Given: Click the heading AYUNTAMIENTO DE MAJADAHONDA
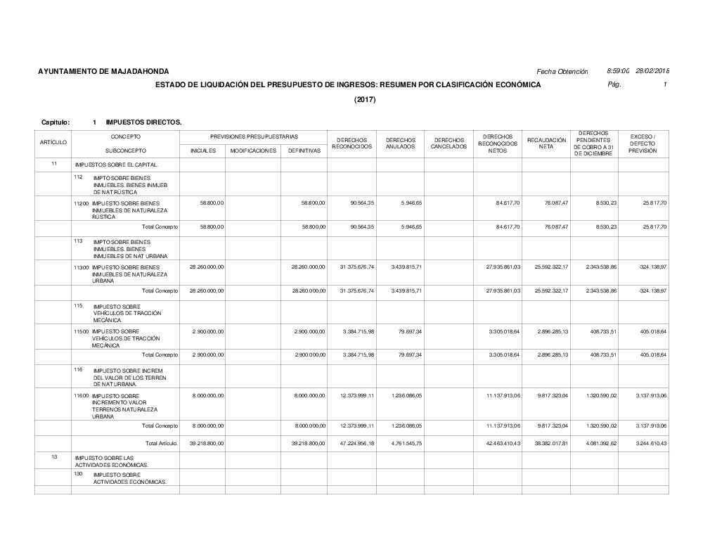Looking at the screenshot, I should click(103, 72).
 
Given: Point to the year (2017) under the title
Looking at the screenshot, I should click(365, 99).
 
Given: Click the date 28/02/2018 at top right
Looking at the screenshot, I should click(652, 71).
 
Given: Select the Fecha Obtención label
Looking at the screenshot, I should click(562, 72).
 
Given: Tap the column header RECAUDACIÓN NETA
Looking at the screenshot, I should click(546, 143).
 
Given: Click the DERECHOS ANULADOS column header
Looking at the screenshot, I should click(401, 143).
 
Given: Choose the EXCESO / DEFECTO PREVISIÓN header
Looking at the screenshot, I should click(643, 143).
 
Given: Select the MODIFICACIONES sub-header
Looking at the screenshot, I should click(253, 151).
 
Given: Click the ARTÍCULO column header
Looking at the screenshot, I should click(53, 143).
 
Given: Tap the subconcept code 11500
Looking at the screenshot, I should click(82, 331).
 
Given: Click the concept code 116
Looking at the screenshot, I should click(79, 369).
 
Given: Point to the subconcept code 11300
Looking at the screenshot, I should click(82, 267).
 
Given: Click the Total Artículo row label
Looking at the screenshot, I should click(161, 443).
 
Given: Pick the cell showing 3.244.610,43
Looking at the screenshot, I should click(648, 443).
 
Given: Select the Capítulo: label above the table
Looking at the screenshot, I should click(56, 122).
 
